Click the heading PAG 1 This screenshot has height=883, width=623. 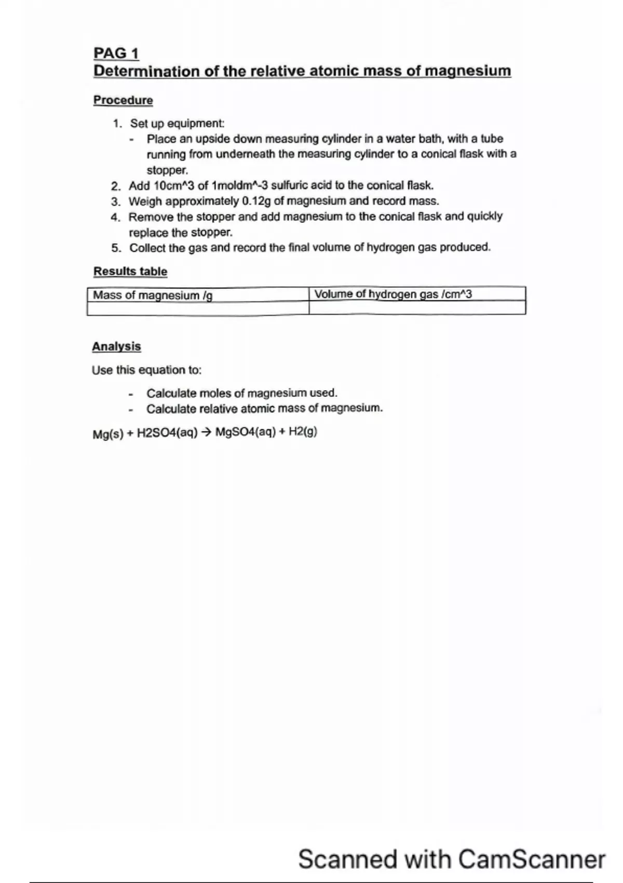(116, 53)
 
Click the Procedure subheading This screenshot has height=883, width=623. (123, 100)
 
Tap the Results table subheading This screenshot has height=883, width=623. (130, 271)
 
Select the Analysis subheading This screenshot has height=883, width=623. (116, 346)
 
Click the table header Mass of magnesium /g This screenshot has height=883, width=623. (153, 296)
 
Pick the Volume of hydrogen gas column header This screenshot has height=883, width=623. (393, 295)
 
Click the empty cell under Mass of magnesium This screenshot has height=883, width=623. (197, 309)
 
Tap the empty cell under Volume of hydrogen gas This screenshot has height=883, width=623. (417, 308)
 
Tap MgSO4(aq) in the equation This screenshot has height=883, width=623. (245, 432)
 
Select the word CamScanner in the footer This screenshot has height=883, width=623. (532, 860)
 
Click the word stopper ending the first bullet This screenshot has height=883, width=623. (166, 170)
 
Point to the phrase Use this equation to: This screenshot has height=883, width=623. (146, 370)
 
